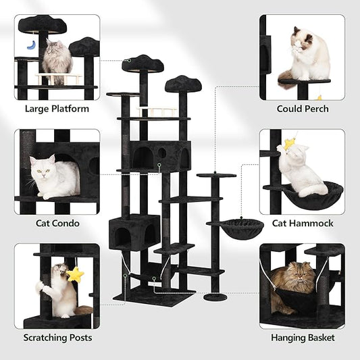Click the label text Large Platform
[57, 109]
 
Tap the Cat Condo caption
[57, 223]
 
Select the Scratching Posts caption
[57, 337]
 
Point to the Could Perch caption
[303, 109]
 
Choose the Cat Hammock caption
[303, 223]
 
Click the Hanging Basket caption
[303, 337]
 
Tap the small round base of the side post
[215, 297]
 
